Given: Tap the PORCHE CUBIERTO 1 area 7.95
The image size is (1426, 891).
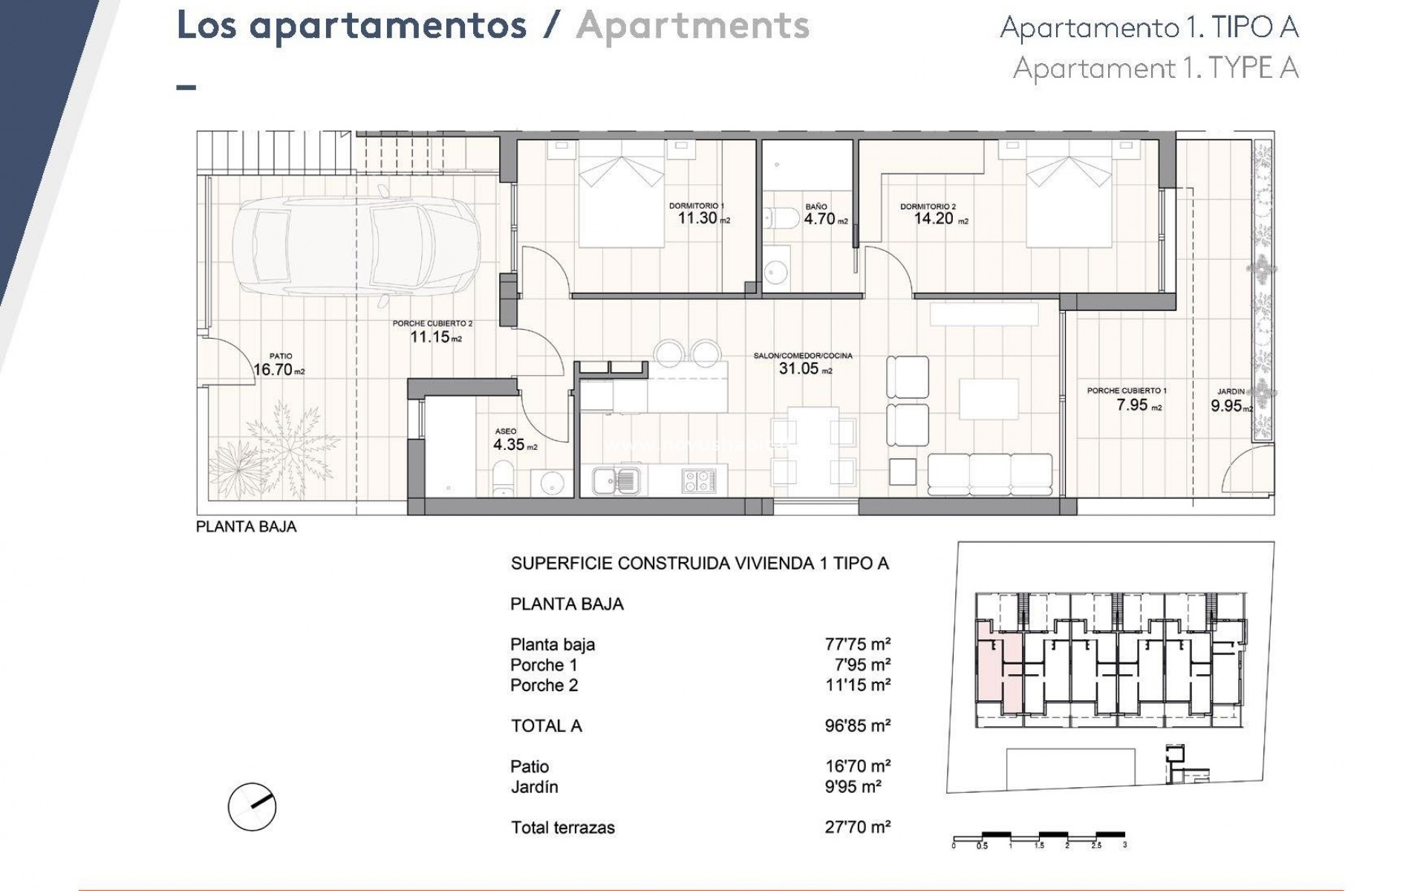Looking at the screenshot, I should point(1133,405).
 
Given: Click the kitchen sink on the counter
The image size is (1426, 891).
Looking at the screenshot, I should point(616,480).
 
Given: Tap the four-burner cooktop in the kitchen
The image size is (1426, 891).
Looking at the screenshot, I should point(699,480).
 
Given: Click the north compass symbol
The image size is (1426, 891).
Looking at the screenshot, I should point(253,806).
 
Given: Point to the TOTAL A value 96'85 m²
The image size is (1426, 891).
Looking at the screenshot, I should point(857,725).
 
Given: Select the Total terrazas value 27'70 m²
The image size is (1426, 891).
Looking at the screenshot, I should point(857,827).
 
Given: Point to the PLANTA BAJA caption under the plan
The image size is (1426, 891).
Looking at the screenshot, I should point(246,526).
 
